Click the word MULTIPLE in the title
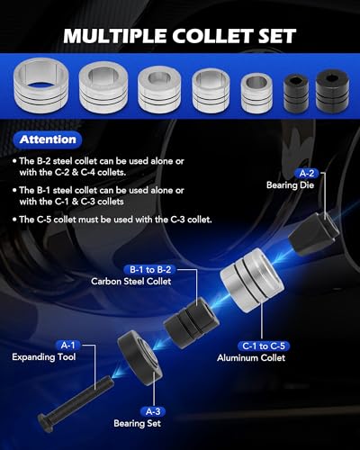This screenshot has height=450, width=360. coord(115,36)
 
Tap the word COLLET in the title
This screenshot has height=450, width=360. coord(211,36)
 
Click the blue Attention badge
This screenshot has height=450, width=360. coord(48,139)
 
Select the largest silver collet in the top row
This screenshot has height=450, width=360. coord(41,85)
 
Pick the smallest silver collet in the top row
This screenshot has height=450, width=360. coord(256,93)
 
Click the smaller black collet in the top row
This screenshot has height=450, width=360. coord(296,94)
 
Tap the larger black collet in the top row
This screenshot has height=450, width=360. coord(332,91)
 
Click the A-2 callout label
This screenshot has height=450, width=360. coord(307,173)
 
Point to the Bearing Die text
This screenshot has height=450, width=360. coord(290,184)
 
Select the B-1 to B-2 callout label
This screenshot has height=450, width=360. coord(150,269)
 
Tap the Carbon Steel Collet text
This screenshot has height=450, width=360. coord(131,281)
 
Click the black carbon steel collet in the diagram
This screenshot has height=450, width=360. coord(191,322)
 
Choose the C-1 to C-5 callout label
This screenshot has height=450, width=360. coord(264,346)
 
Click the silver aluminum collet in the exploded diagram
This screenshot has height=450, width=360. coord(252,281)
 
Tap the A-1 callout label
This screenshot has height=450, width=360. coord(67,346)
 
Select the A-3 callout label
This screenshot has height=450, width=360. coord(153,411)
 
